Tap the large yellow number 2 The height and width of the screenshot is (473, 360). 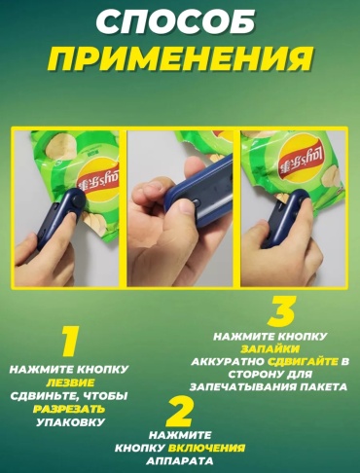(x=179, y=412)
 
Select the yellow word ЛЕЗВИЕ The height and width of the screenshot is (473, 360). (x=70, y=382)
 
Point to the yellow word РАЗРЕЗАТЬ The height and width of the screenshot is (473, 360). (x=69, y=409)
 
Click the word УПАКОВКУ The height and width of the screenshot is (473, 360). (x=71, y=422)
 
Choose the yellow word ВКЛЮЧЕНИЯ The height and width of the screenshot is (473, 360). (x=206, y=448)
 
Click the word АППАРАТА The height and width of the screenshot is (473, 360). (x=180, y=461)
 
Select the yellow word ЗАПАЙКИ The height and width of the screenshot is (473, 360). (x=270, y=348)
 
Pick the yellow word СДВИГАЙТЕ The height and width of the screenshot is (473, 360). (x=303, y=361)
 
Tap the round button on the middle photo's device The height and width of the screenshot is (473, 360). (x=196, y=202)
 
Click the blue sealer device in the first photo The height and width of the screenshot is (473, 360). (x=60, y=217)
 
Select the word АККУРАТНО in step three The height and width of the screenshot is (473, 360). (x=228, y=361)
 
